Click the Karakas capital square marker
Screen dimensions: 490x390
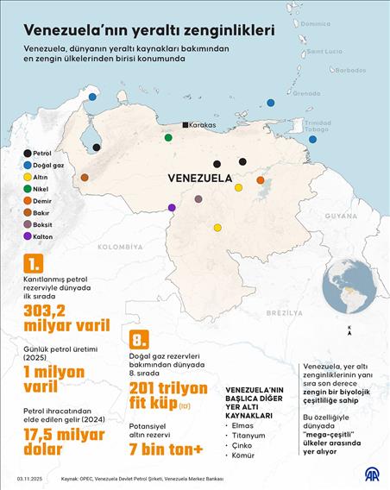pyautogui.click(x=185, y=125)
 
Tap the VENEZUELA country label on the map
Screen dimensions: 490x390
pyautogui.click(x=199, y=179)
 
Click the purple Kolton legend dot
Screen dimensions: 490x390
pyautogui.click(x=28, y=236)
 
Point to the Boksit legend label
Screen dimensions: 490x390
pyautogui.click(x=46, y=223)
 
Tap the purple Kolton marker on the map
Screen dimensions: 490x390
pyautogui.click(x=172, y=207)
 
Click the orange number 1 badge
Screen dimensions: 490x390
pyautogui.click(x=33, y=263)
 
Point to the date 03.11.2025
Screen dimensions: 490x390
pyautogui.click(x=29, y=478)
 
